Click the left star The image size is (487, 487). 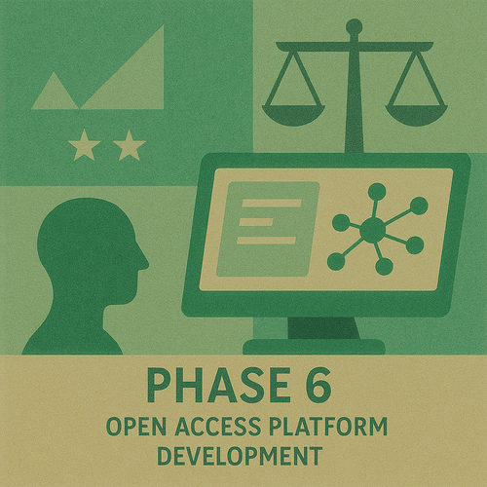[85, 147]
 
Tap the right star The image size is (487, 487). [129, 147]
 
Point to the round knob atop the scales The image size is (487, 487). [354, 26]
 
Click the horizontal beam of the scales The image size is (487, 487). [354, 45]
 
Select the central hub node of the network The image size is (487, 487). [373, 230]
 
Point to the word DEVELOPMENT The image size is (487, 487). [239, 455]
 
